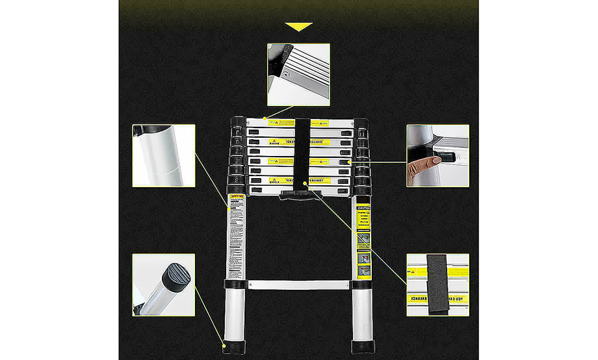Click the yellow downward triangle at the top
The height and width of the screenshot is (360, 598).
[299, 27]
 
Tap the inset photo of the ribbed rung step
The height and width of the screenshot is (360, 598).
[298, 74]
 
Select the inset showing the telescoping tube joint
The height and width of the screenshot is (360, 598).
[164, 156]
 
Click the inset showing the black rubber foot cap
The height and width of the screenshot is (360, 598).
[163, 285]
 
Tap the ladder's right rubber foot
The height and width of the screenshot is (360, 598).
[362, 346]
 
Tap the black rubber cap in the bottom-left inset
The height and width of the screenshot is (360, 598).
[176, 276]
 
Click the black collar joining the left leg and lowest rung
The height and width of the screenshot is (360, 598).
[234, 284]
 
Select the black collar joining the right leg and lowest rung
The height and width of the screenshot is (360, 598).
[361, 284]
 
